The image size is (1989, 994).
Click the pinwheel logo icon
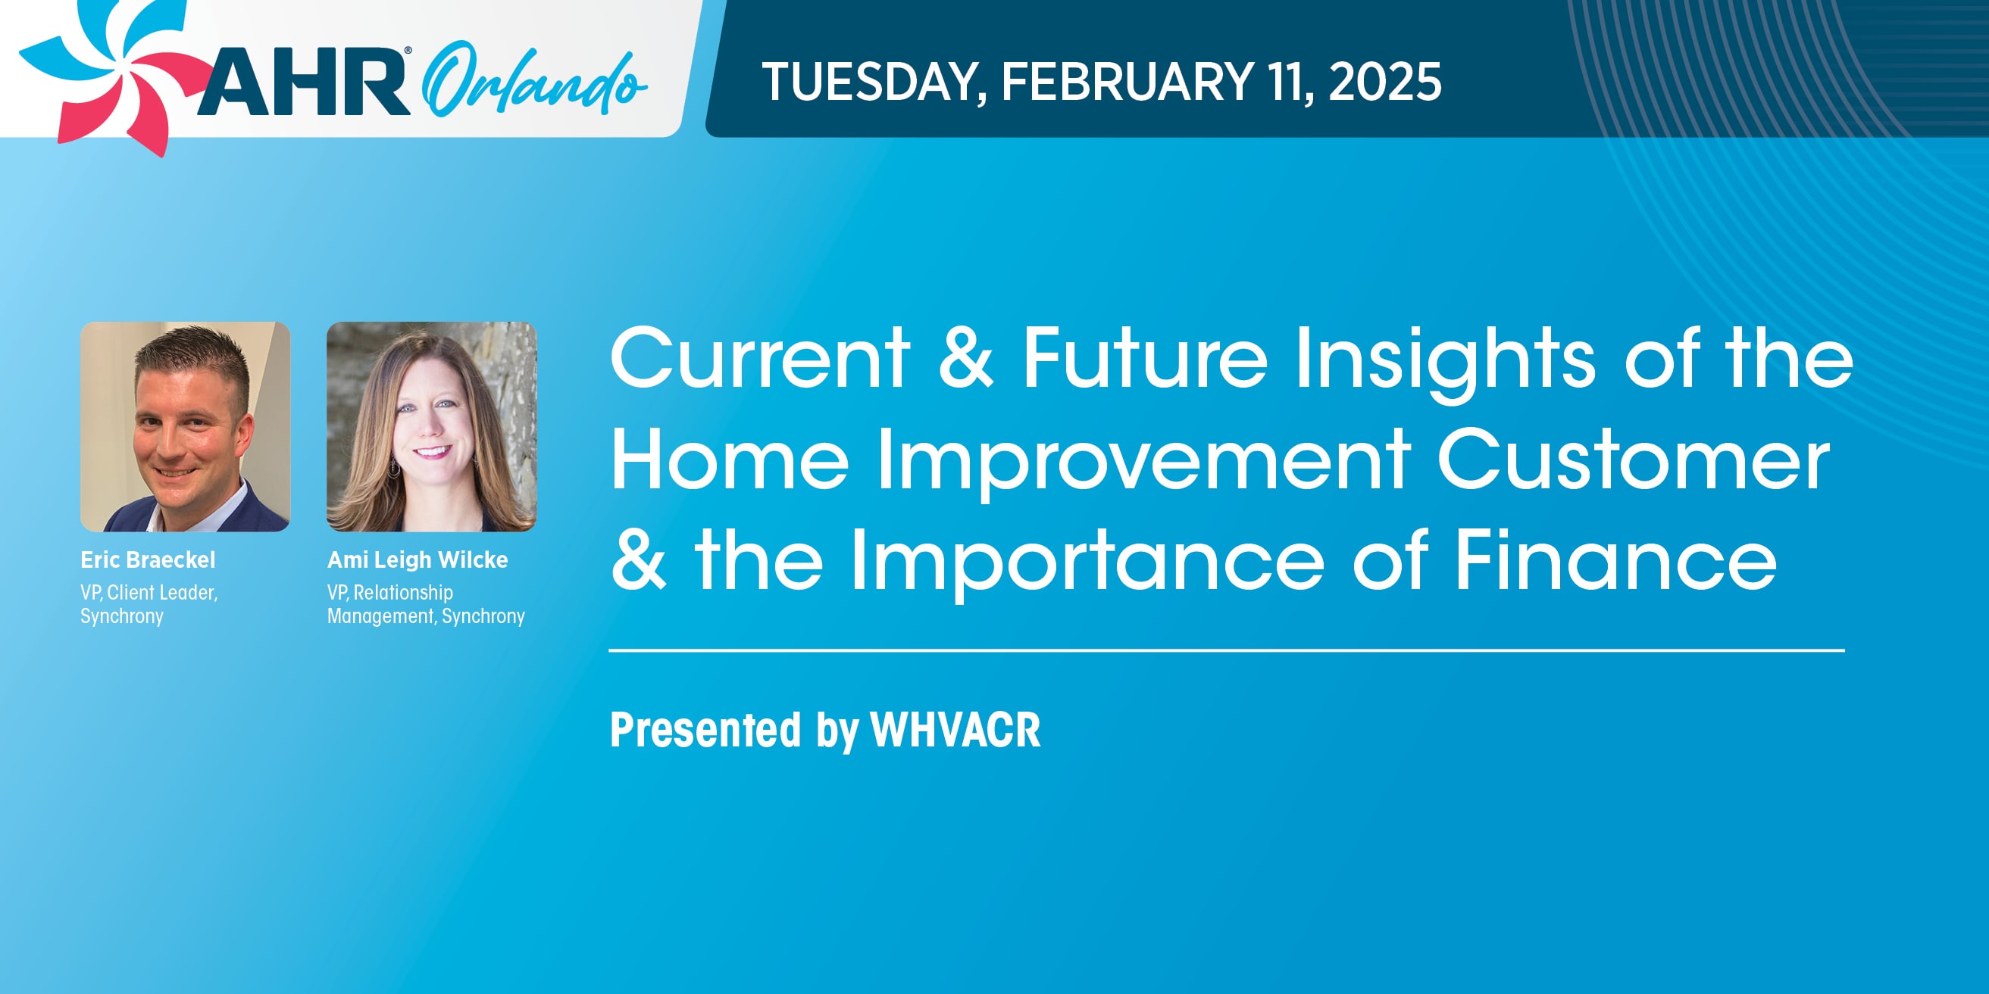[x=116, y=73]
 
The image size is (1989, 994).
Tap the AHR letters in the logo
[x=304, y=82]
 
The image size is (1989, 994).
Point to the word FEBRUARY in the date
[x=1128, y=82]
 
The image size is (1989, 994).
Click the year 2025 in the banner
[x=1385, y=82]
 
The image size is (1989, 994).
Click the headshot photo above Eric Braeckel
[x=186, y=427]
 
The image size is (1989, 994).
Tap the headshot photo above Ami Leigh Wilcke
[x=432, y=427]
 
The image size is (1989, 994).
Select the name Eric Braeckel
[x=149, y=559]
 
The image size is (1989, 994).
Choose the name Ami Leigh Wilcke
[x=418, y=560]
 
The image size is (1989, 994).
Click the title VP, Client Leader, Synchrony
[x=149, y=604]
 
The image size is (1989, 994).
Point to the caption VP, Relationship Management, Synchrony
[x=426, y=604]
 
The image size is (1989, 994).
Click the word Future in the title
[x=1145, y=357]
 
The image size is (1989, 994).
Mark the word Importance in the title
[x=1087, y=565]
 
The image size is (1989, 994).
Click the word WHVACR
[x=956, y=729]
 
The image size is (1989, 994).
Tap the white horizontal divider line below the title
[x=1227, y=650]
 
